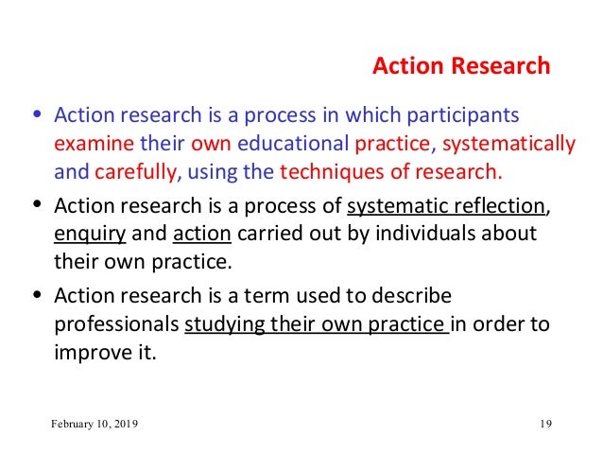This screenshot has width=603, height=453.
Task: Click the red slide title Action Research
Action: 460,66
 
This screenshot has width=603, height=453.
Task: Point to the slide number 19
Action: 544,424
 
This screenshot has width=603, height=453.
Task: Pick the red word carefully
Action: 134,173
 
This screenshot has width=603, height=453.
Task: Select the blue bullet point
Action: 36,118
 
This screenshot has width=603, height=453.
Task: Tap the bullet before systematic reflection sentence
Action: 36,207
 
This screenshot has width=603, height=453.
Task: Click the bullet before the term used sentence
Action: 36,295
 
